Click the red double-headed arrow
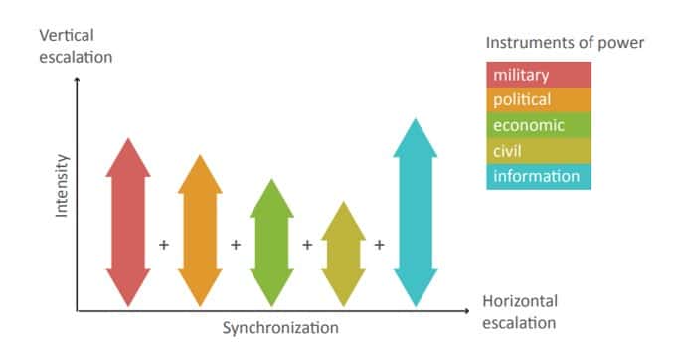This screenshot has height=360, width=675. click(x=128, y=222)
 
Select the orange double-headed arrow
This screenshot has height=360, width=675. click(x=200, y=231)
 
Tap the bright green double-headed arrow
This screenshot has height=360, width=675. click(x=271, y=243)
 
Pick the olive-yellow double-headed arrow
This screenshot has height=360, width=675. click(x=344, y=254)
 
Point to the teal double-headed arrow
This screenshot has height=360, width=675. click(x=416, y=213)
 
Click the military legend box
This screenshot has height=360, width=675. click(x=539, y=75)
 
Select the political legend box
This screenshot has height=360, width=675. click(x=539, y=99)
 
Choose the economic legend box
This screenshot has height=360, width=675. click(x=539, y=125)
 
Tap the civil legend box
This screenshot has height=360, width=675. click(x=539, y=151)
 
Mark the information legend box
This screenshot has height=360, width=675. click(x=539, y=177)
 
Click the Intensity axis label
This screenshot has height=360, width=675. click(x=62, y=186)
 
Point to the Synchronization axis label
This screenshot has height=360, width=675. click(x=280, y=328)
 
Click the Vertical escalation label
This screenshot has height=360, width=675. click(x=76, y=46)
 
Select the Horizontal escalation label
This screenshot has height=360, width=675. click(x=520, y=312)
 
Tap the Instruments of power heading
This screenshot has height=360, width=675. click(x=565, y=43)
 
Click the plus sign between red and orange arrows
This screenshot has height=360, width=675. click(x=164, y=245)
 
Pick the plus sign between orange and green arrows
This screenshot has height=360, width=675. click(x=236, y=245)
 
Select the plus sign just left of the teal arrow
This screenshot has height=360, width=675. click(x=379, y=245)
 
